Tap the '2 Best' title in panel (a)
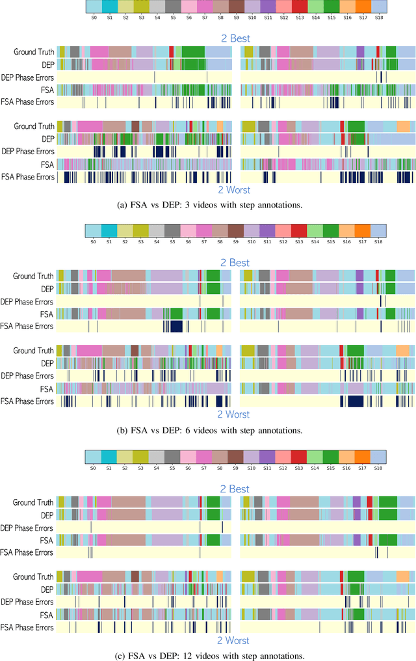(234, 38)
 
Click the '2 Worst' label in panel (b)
(234, 414)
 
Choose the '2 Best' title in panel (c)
(234, 489)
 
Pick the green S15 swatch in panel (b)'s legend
(331, 230)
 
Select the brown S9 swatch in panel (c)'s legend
(236, 456)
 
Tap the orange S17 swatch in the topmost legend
(363, 7)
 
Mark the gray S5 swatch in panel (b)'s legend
(172, 230)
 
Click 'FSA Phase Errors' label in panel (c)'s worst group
(27, 627)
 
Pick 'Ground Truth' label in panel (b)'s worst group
(34, 351)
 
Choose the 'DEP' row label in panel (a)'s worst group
(47, 139)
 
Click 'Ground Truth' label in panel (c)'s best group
(34, 502)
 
